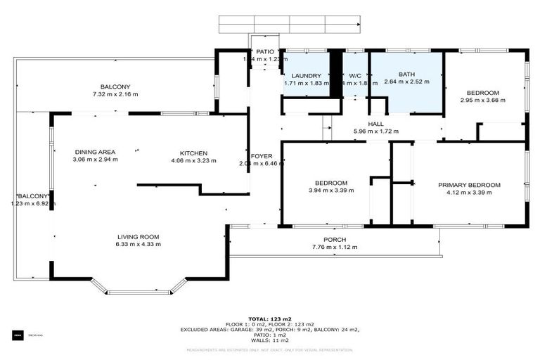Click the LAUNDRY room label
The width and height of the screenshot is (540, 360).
(x=307, y=75)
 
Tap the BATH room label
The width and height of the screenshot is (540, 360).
(x=406, y=74)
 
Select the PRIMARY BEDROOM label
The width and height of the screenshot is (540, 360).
(x=469, y=185)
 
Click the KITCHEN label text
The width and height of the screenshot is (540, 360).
(x=193, y=153)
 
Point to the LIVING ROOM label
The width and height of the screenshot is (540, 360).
(x=139, y=236)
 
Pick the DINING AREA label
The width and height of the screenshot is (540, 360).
(x=96, y=152)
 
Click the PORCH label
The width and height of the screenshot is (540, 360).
(x=335, y=239)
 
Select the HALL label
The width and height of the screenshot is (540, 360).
(x=376, y=123)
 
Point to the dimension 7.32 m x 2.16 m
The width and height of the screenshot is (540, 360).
(x=115, y=94)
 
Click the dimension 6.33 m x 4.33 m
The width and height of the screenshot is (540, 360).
(x=139, y=245)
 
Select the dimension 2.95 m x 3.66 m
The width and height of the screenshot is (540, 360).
(x=483, y=101)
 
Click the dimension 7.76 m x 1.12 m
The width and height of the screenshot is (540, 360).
(x=335, y=247)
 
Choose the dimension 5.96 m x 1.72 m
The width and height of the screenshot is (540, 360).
(x=376, y=131)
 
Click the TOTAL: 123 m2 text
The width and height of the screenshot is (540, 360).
(x=269, y=319)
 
